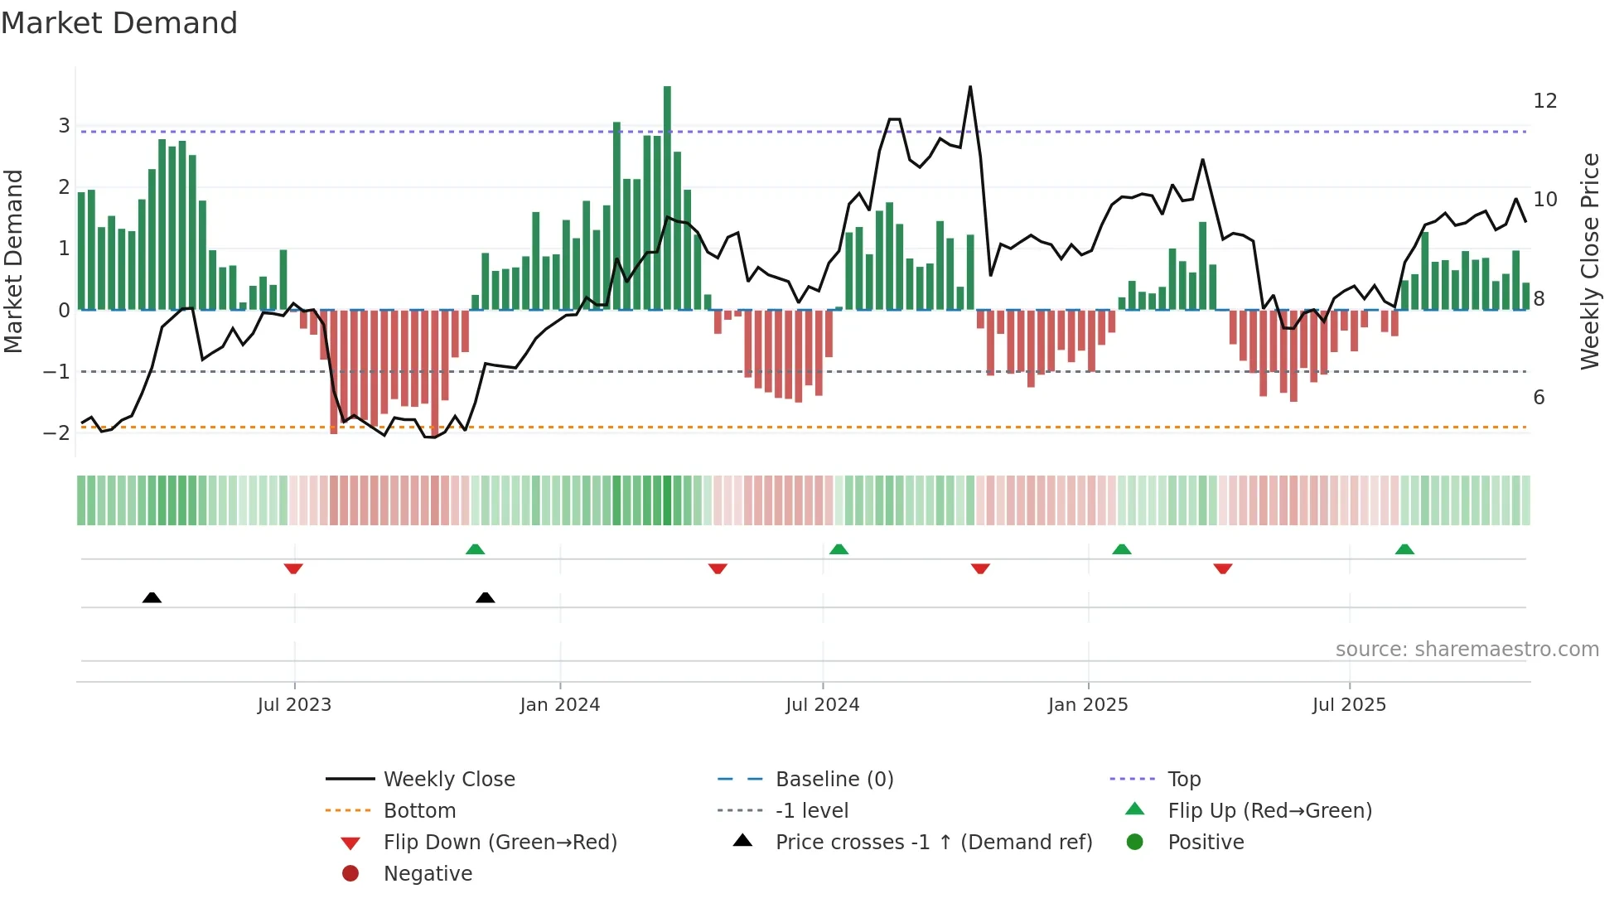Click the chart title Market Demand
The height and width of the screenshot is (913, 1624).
pos(119,22)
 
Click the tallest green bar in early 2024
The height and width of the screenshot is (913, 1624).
pos(667,199)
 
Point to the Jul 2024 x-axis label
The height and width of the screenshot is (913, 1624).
pos(822,704)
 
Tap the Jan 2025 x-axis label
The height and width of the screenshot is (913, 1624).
pos(1087,704)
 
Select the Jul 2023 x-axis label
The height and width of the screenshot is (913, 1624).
pos(294,704)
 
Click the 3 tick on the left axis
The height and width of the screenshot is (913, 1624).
pos(64,126)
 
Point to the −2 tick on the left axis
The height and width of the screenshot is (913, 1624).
pos(57,432)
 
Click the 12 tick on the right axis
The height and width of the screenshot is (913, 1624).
pos(1544,101)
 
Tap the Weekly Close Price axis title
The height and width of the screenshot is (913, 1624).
pos(1589,261)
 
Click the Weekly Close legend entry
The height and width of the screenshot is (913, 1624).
pos(448,779)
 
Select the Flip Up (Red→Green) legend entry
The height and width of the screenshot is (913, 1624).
pos(1269,810)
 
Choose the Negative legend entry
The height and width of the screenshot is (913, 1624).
pos(428,873)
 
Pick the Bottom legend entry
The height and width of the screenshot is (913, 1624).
pos(419,810)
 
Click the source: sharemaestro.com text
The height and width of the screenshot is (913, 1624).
pos(1467,649)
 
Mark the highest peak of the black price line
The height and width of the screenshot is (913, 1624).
pos(970,87)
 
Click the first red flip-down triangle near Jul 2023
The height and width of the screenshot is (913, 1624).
pos(293,568)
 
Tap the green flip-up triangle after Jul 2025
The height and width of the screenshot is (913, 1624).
pos(1404,549)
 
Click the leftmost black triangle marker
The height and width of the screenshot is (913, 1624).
pos(152,597)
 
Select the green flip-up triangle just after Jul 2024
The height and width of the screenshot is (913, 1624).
pos(839,549)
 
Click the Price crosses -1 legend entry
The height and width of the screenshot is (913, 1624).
pos(933,842)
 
